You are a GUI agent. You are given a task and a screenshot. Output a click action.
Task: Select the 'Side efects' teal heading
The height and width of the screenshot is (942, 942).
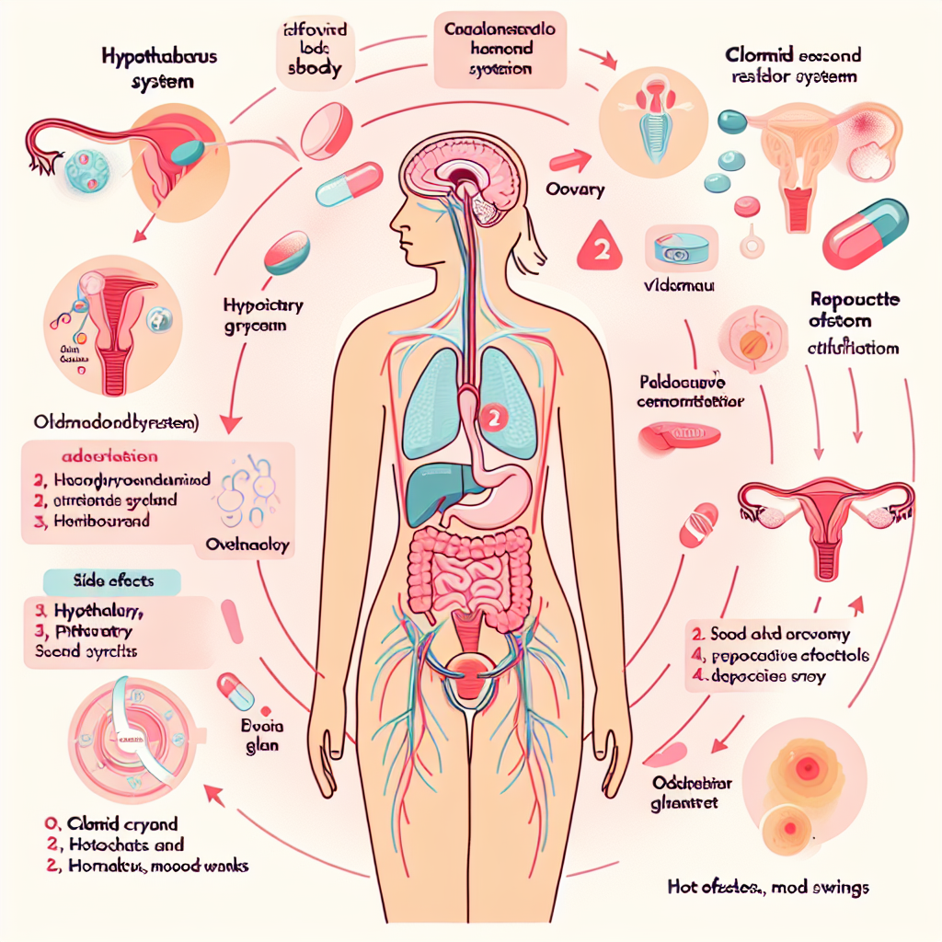[112, 582]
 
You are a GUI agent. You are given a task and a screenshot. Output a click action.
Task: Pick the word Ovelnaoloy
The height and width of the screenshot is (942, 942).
[247, 545]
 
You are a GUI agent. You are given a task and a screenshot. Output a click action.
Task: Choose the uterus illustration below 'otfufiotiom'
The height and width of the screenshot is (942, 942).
[824, 524]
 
